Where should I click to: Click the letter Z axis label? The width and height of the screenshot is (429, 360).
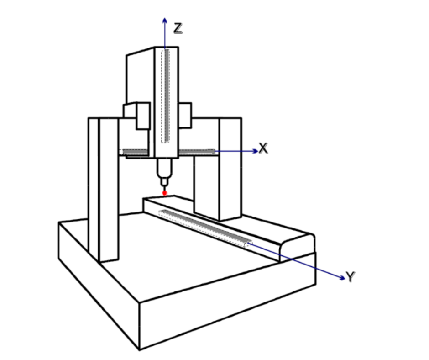pyautogui.click(x=178, y=28)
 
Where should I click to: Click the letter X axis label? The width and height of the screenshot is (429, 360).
pyautogui.click(x=263, y=148)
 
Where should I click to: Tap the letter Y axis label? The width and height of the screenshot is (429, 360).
pyautogui.click(x=351, y=276)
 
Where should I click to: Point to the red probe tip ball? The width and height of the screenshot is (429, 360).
pyautogui.click(x=165, y=193)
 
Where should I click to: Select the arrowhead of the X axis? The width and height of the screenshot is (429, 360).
pyautogui.click(x=255, y=151)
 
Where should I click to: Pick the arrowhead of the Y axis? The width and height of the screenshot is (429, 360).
pyautogui.click(x=342, y=278)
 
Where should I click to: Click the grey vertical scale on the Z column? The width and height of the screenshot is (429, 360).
pyautogui.click(x=167, y=95)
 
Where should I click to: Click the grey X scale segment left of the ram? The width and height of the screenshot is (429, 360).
pyautogui.click(x=136, y=152)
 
